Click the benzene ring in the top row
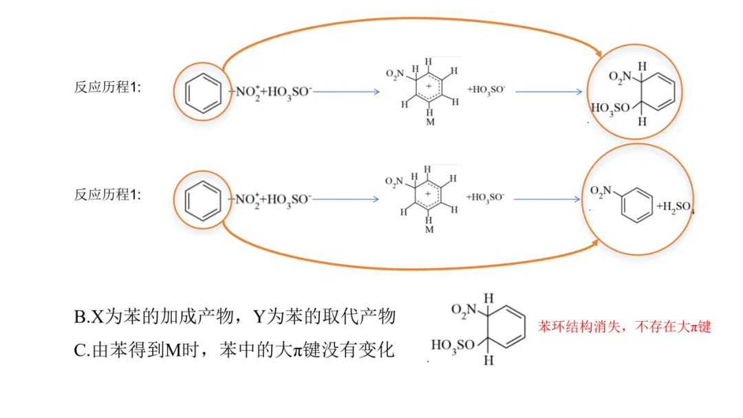click(x=204, y=91)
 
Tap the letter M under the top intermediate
click(x=429, y=122)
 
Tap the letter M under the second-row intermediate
click(x=429, y=230)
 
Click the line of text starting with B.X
click(x=235, y=317)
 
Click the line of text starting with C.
click(x=234, y=350)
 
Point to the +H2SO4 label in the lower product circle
click(x=674, y=207)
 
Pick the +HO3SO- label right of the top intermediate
click(x=486, y=89)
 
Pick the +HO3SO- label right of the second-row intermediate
click(x=486, y=197)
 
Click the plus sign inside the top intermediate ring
click(x=429, y=88)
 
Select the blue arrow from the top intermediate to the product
click(x=549, y=91)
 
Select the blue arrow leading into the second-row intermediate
click(x=345, y=199)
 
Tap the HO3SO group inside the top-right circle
click(x=610, y=108)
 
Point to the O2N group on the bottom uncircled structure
click(x=464, y=309)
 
